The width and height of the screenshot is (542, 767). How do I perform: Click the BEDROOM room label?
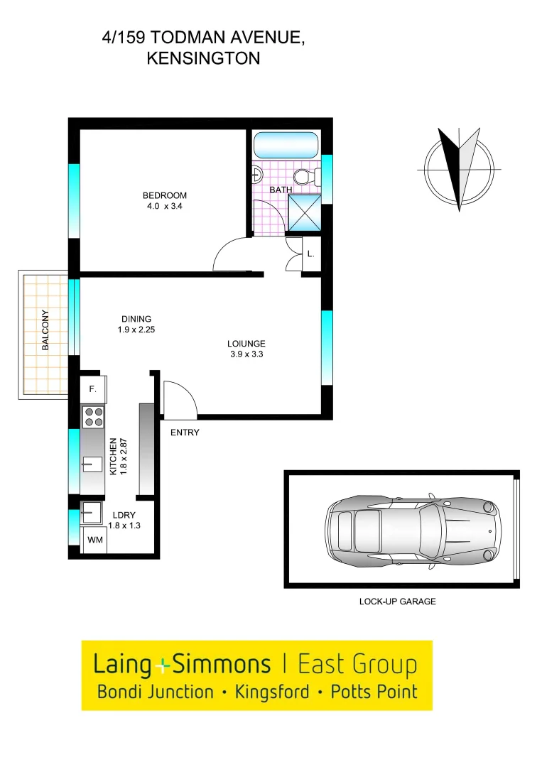(164, 195)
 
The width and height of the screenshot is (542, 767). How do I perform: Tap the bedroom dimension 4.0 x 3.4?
(164, 207)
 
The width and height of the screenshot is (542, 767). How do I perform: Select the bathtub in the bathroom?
(286, 146)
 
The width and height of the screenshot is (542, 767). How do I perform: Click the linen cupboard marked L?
(310, 254)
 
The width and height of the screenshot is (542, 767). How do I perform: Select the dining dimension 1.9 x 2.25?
(136, 330)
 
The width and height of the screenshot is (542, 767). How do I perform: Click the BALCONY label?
(45, 331)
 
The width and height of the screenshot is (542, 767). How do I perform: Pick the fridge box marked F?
(93, 389)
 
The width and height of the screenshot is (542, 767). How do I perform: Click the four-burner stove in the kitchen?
(93, 416)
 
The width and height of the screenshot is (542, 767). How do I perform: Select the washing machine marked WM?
(94, 540)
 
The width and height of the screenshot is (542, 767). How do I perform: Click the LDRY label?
(123, 515)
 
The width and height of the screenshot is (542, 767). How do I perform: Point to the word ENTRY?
(185, 433)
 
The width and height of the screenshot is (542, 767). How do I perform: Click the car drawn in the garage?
(410, 529)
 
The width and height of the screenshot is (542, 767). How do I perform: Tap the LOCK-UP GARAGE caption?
(397, 602)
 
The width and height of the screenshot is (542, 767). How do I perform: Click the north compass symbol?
(459, 168)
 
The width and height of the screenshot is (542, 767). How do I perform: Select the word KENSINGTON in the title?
(203, 59)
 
